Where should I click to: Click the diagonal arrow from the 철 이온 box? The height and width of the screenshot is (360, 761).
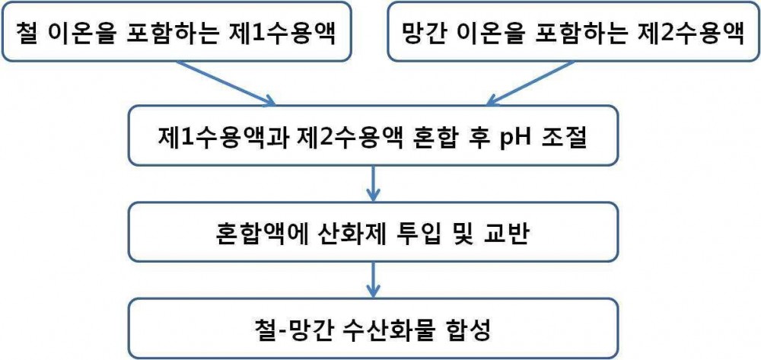coord(226,83)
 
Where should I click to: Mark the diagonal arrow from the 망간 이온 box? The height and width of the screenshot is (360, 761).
coord(530,83)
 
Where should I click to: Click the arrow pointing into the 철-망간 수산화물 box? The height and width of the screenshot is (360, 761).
coord(373,280)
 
